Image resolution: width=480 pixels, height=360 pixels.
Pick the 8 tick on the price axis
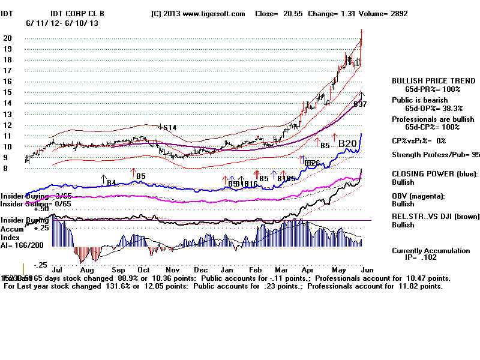(6, 169)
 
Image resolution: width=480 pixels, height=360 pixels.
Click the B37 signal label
(360, 104)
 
